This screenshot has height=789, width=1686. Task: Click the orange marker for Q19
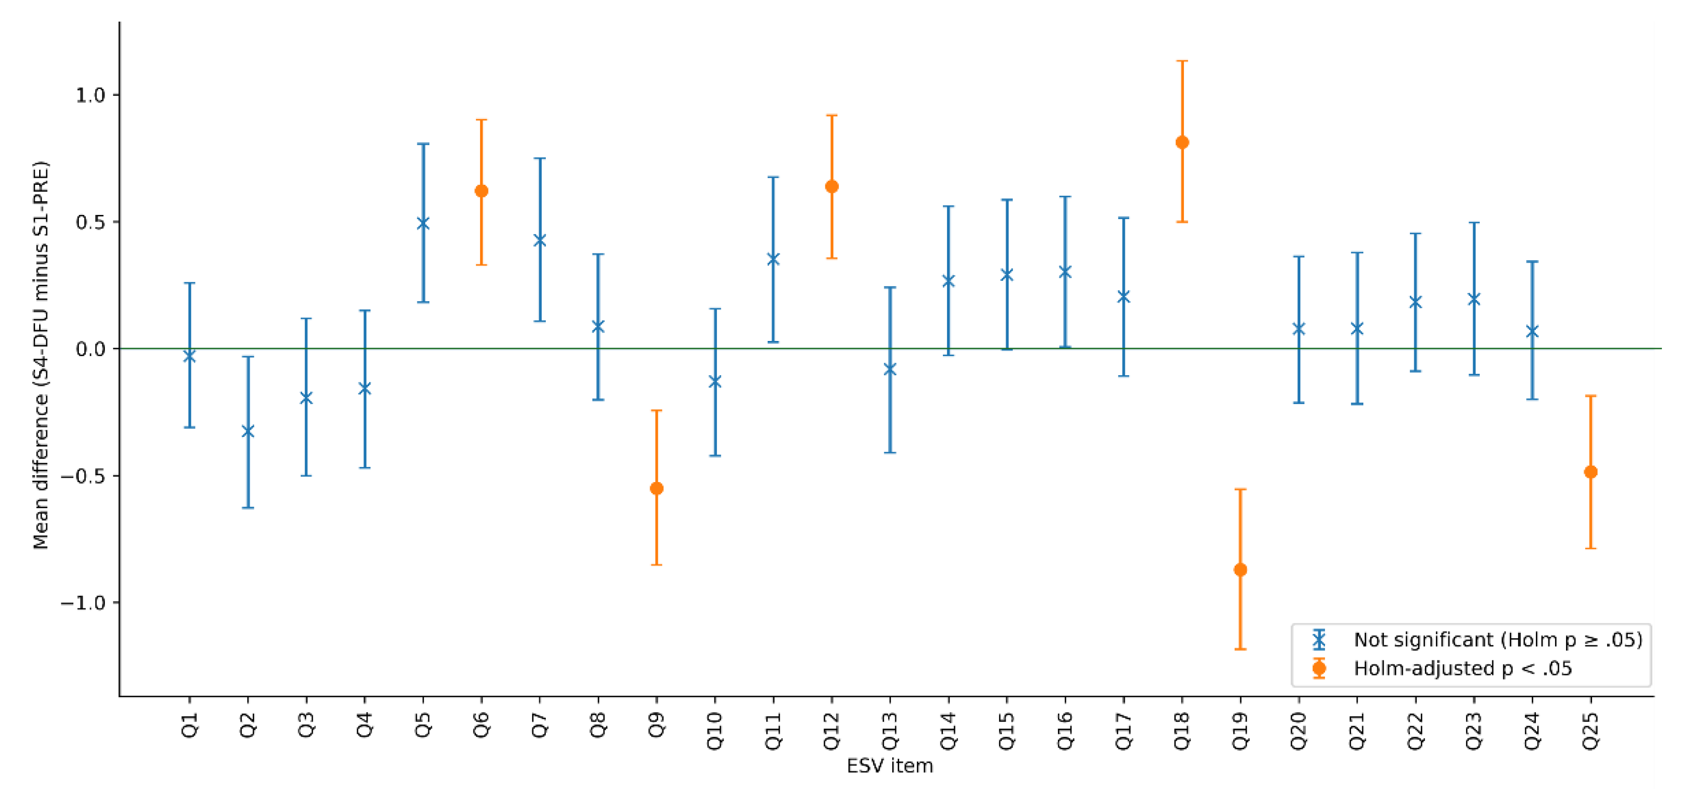tap(1240, 570)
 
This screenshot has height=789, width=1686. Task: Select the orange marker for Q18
tap(1182, 142)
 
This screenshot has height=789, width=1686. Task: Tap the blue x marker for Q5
tap(423, 223)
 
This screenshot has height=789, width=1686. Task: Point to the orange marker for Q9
tap(656, 489)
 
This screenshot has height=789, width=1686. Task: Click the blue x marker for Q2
tap(248, 431)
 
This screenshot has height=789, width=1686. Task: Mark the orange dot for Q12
tap(832, 187)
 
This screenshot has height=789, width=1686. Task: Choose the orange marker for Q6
tap(481, 190)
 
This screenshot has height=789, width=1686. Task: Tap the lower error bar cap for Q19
tap(1240, 649)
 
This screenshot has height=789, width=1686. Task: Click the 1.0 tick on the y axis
tap(90, 95)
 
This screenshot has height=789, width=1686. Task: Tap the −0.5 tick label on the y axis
tap(82, 476)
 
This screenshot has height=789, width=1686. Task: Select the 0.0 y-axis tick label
tap(90, 349)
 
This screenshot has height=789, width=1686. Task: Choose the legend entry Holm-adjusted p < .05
tap(1462, 668)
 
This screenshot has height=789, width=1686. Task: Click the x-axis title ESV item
tap(890, 765)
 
